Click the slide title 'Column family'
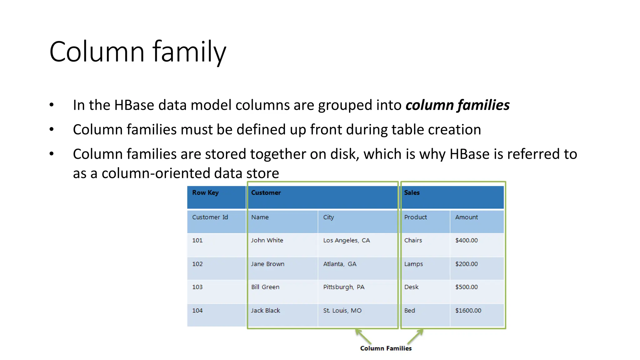click(137, 52)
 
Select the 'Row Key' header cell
click(205, 193)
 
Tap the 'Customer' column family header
click(266, 193)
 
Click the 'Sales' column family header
click(412, 193)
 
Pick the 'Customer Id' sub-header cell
click(210, 217)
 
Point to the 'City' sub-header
click(328, 217)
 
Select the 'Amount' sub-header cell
click(466, 217)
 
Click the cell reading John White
click(267, 240)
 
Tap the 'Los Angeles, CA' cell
click(346, 240)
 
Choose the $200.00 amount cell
click(466, 264)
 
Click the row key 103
click(197, 287)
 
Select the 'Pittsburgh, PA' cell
click(343, 287)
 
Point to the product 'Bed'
click(409, 311)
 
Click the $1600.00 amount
click(468, 311)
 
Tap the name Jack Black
click(265, 311)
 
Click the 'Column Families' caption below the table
click(386, 348)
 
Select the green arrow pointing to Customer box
click(363, 337)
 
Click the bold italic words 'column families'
click(457, 105)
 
